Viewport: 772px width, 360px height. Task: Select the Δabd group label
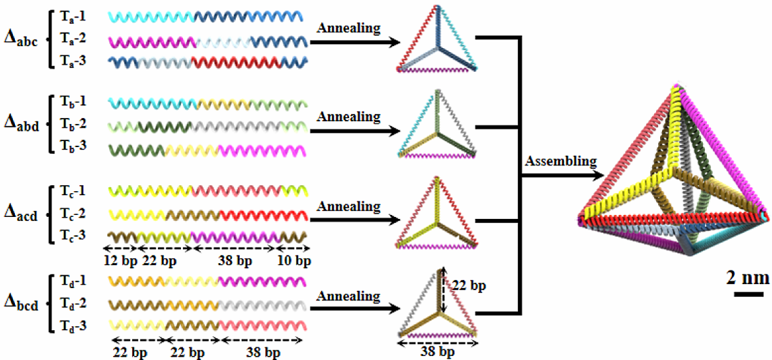(x=19, y=126)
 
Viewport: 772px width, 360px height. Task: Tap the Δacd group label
(x=19, y=216)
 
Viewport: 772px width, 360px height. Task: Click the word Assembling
(x=561, y=161)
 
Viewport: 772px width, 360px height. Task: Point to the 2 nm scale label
(x=744, y=277)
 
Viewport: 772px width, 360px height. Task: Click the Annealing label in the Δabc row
(x=348, y=28)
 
